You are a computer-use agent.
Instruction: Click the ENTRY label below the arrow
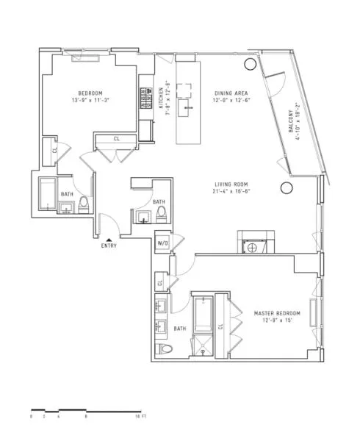[x=109, y=246]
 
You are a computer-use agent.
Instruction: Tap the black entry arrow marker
[x=109, y=239]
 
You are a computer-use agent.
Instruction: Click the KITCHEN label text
[x=162, y=97]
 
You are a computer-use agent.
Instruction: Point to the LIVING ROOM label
[x=230, y=187]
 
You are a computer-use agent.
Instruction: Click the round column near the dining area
[x=250, y=65]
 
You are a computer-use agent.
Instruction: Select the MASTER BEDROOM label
[x=275, y=314]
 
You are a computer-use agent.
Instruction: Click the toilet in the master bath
[x=164, y=348]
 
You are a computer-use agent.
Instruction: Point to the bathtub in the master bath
[x=201, y=312]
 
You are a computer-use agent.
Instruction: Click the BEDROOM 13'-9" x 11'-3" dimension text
[x=91, y=100]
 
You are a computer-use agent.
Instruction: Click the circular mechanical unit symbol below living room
[x=253, y=247]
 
